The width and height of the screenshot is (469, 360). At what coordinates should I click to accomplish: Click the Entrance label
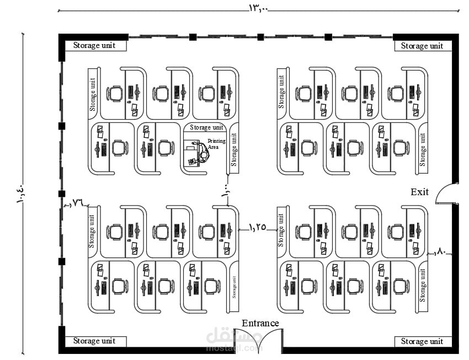(260, 323)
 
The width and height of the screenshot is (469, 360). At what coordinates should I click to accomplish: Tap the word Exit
(419, 192)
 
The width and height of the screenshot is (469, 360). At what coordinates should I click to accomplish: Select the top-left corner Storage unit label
(94, 45)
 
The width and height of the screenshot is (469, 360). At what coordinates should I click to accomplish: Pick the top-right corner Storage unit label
(422, 46)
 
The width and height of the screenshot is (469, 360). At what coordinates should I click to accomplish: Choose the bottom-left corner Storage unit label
(94, 341)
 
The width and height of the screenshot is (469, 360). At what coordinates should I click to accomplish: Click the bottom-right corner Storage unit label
(422, 342)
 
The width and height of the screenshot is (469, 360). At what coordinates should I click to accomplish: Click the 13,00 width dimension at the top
(258, 8)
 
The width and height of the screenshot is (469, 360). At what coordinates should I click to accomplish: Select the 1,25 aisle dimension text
(257, 226)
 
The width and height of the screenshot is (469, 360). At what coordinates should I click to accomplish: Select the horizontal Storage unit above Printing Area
(207, 127)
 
